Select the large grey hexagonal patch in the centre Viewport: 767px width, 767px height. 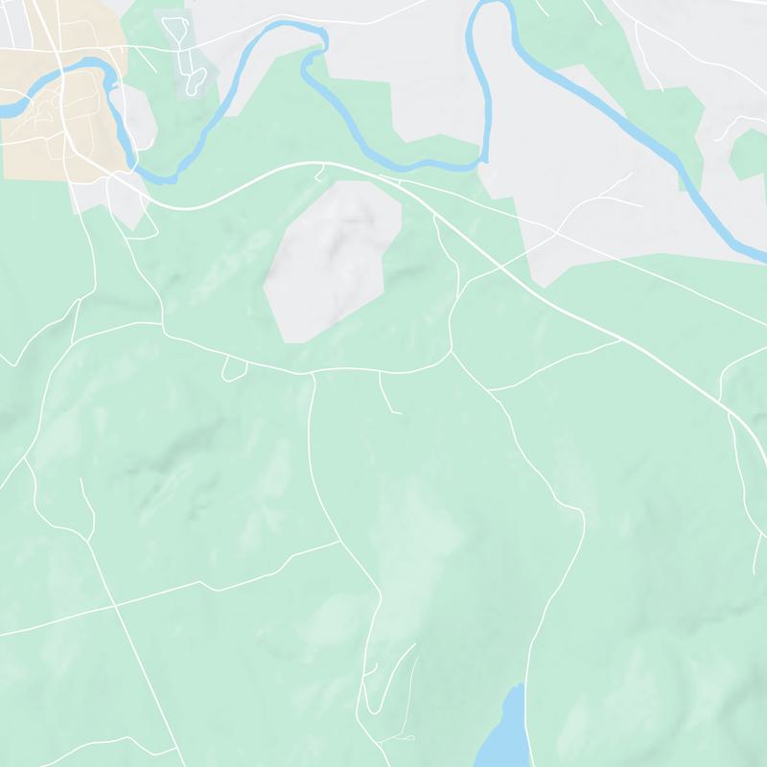(x=331, y=259)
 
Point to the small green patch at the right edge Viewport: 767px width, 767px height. (x=748, y=153)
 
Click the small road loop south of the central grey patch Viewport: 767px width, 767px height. (x=233, y=369)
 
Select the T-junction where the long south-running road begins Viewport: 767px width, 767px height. (x=313, y=372)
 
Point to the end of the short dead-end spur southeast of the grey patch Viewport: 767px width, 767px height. (x=398, y=412)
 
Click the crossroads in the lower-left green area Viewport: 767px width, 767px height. (x=114, y=606)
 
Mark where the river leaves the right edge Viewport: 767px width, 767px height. (x=762, y=257)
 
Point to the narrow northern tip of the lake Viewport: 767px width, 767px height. (x=519, y=686)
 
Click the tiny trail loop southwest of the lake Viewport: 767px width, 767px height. (x=403, y=738)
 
